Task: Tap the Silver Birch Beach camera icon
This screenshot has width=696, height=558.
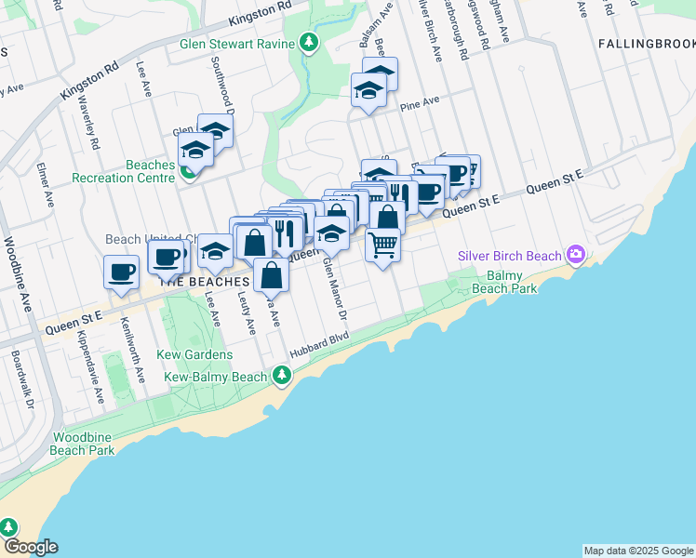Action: pos(576,254)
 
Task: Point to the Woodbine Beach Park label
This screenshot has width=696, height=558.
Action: pos(84,444)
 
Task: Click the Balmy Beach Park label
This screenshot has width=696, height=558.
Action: pos(510,283)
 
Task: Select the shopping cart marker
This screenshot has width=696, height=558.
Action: pos(383,245)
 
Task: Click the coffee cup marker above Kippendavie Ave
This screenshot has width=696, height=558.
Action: pos(123,272)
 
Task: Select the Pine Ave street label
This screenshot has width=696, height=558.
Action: pos(419,105)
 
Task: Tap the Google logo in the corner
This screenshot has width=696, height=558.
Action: pos(30,547)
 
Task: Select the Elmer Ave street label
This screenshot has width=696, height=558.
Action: pos(45,186)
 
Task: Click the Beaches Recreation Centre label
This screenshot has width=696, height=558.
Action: pos(123,171)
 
